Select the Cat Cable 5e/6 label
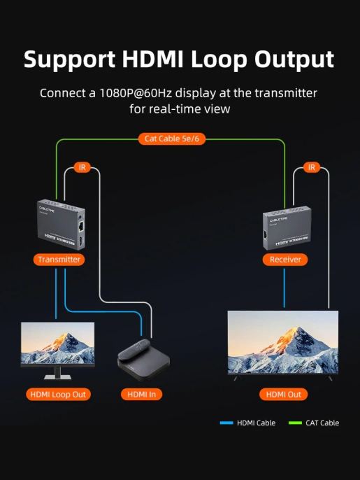[171, 139]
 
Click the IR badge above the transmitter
[82, 167]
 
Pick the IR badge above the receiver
[312, 167]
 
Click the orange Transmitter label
[59, 260]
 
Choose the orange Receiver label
[285, 260]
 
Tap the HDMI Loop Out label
[58, 394]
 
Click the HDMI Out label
[283, 394]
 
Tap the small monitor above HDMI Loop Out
[57, 344]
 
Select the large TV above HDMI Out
[282, 343]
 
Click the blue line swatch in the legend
[226, 423]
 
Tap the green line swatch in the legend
[294, 423]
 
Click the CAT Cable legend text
[322, 423]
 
